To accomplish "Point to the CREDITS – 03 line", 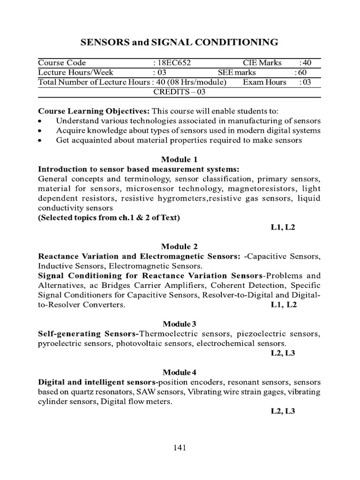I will tap(180, 92).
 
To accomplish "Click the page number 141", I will tap(180, 448).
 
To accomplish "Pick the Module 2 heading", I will tap(180, 247).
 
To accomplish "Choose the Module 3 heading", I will tap(180, 324).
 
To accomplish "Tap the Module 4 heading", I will tap(180, 373).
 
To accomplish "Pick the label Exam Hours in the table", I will tap(264, 82).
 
